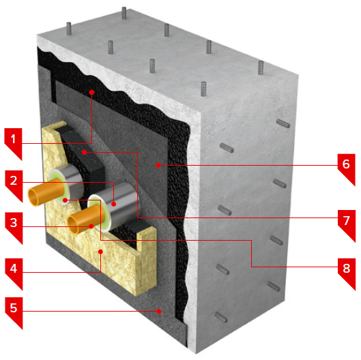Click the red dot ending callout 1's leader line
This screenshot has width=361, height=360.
pyautogui.click(x=91, y=92)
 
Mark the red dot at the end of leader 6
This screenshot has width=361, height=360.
pyautogui.click(x=158, y=165)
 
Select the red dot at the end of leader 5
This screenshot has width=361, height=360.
pyautogui.click(x=159, y=311)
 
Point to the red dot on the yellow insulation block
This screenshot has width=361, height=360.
pyautogui.click(x=100, y=252)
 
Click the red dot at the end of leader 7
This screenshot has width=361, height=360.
pyautogui.click(x=84, y=152)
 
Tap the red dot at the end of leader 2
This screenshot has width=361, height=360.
pyautogui.click(x=113, y=204)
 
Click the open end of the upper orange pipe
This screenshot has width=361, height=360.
pyautogui.click(x=33, y=197)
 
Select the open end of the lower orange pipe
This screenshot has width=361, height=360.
pyautogui.click(x=73, y=225)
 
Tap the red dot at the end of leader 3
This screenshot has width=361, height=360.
pyautogui.click(x=91, y=226)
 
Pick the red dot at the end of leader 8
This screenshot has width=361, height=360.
pyautogui.click(x=66, y=200)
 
